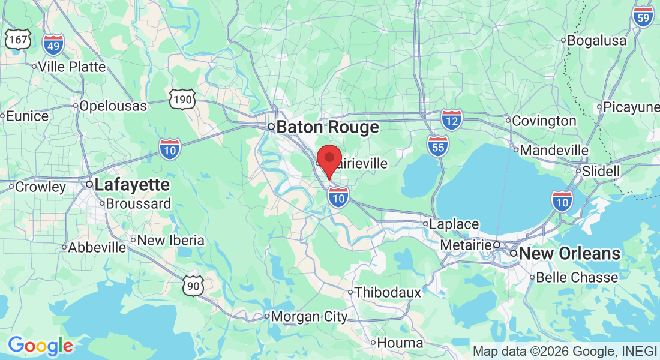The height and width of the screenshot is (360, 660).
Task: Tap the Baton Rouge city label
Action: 327,127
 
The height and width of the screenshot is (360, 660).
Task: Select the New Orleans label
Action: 569,254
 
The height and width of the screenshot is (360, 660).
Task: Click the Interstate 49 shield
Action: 53,44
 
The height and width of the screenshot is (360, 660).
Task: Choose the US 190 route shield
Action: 182,99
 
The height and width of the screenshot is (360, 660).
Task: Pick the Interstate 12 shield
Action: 451,120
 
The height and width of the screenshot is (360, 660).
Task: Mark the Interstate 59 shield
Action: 643,17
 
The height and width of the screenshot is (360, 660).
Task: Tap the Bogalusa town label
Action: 596,41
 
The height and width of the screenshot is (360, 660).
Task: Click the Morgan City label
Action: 309,316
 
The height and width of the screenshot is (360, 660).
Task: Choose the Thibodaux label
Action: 388,293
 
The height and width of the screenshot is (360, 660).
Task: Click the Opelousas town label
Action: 113,106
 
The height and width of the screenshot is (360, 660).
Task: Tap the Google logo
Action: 40,346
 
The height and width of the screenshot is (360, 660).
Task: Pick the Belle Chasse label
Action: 576,278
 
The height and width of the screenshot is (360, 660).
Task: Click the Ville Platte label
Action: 71,67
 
